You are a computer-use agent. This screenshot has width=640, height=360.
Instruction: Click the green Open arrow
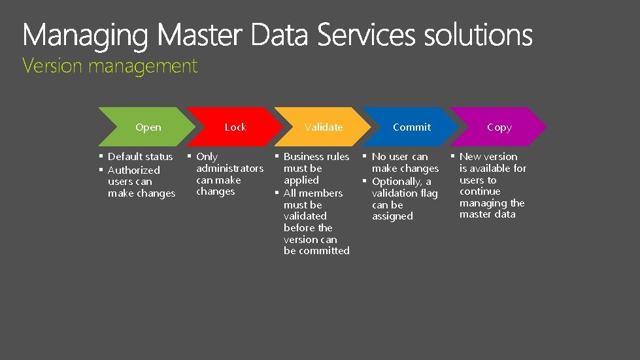148,127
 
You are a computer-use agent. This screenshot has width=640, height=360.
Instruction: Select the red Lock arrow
235,127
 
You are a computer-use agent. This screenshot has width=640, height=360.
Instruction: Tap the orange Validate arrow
324,127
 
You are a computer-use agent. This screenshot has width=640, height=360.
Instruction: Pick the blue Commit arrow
412,127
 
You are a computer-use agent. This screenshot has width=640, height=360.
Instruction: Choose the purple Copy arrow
499,127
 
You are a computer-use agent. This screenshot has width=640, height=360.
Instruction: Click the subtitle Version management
110,66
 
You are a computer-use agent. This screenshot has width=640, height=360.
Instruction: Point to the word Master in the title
200,35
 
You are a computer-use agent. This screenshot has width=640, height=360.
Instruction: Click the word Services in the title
366,35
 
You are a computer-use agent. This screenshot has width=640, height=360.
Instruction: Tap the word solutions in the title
478,35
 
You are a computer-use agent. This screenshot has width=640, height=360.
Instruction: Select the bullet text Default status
140,157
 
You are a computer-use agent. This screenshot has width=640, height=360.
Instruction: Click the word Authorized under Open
133,170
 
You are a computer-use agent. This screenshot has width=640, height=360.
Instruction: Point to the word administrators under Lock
229,169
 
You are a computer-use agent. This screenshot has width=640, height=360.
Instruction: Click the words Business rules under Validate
316,157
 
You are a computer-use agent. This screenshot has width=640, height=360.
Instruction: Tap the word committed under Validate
316,251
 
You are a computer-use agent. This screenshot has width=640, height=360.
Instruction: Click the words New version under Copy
488,157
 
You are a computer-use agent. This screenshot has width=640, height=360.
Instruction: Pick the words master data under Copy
487,214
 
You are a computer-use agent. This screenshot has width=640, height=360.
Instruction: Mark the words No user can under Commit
399,157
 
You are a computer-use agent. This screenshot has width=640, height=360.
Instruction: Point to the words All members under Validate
312,193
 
